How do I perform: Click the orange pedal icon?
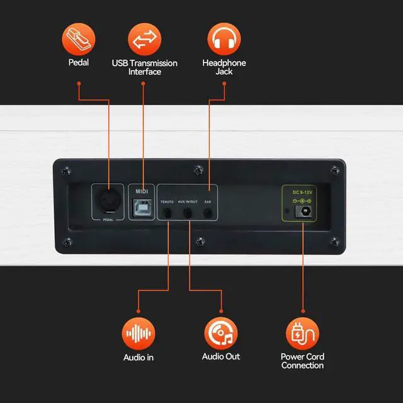click(x=79, y=39)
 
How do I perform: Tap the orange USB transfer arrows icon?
click(x=144, y=39)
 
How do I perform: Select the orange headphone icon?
click(x=224, y=39)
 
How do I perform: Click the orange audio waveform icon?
click(x=139, y=333)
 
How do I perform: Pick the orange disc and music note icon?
click(x=221, y=333)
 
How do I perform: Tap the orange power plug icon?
click(x=302, y=333)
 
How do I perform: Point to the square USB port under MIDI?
click(x=142, y=208)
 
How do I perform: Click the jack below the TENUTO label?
click(x=167, y=213)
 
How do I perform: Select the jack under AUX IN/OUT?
click(x=188, y=213)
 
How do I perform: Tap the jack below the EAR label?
click(x=208, y=213)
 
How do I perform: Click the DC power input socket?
click(x=304, y=212)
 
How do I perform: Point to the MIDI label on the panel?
click(x=142, y=191)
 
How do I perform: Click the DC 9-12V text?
click(x=302, y=192)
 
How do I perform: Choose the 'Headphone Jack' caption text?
click(x=224, y=67)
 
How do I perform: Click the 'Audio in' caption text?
click(x=139, y=358)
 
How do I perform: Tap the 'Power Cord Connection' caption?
click(x=302, y=361)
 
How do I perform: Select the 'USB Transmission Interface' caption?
click(x=144, y=67)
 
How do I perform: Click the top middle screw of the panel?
click(x=199, y=170)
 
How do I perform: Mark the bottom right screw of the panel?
click(x=334, y=242)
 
